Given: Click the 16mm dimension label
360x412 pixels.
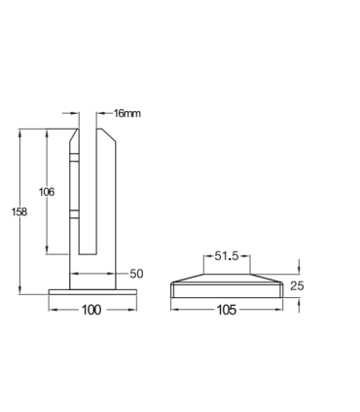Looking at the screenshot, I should pyautogui.click(x=127, y=113).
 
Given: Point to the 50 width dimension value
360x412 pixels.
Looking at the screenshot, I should pyautogui.click(x=135, y=274).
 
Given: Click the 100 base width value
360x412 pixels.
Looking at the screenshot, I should pyautogui.click(x=90, y=310).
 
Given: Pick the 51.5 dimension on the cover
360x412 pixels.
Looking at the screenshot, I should pyautogui.click(x=226, y=257).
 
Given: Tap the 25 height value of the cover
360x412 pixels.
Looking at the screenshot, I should pyautogui.click(x=300, y=285).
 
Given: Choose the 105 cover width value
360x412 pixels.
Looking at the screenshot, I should pyautogui.click(x=227, y=310).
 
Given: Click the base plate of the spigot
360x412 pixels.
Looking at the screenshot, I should pyautogui.click(x=90, y=292).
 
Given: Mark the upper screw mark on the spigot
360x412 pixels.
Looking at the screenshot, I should pyautogui.click(x=74, y=157).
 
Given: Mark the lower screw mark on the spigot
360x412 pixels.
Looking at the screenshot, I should pyautogui.click(x=74, y=212).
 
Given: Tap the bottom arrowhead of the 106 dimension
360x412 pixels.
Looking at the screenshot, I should pyautogui.click(x=47, y=252).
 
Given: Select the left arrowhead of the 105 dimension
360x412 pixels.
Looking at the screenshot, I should pyautogui.click(x=174, y=310).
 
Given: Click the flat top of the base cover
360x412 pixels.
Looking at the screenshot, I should pyautogui.click(x=226, y=275).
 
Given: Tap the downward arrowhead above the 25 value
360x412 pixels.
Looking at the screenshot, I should pyautogui.click(x=300, y=272).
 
